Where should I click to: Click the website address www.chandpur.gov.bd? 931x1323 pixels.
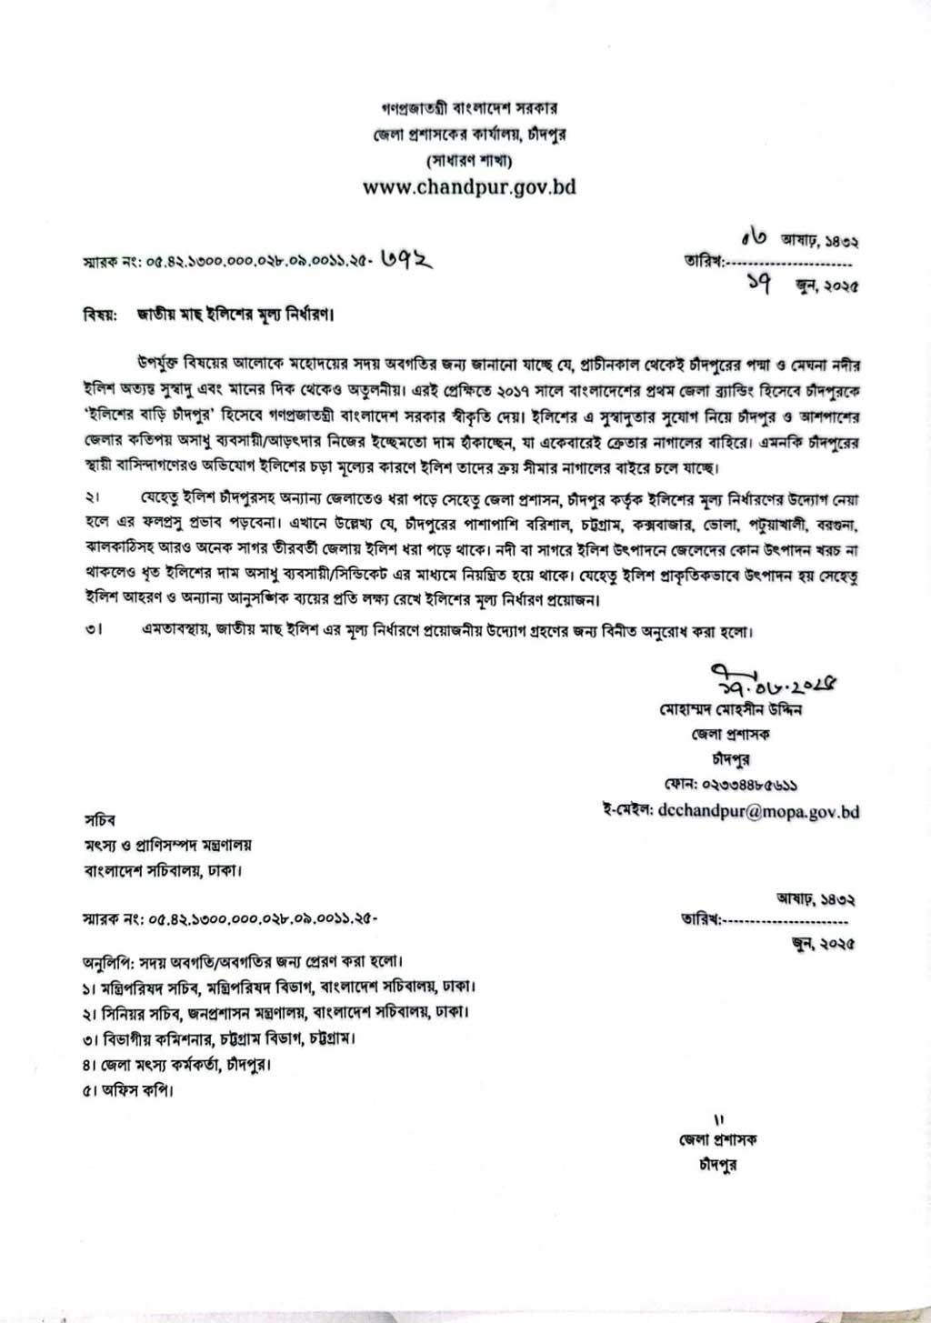[x=469, y=187]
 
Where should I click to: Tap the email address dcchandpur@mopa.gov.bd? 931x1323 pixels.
[x=758, y=811]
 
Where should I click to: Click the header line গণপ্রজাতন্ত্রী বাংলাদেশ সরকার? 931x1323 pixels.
[x=469, y=108]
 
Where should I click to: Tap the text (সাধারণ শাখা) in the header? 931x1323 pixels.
[x=469, y=161]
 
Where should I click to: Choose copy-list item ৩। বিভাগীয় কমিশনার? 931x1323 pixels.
[x=218, y=1037]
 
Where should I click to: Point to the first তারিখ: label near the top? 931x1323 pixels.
[x=703, y=262]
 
